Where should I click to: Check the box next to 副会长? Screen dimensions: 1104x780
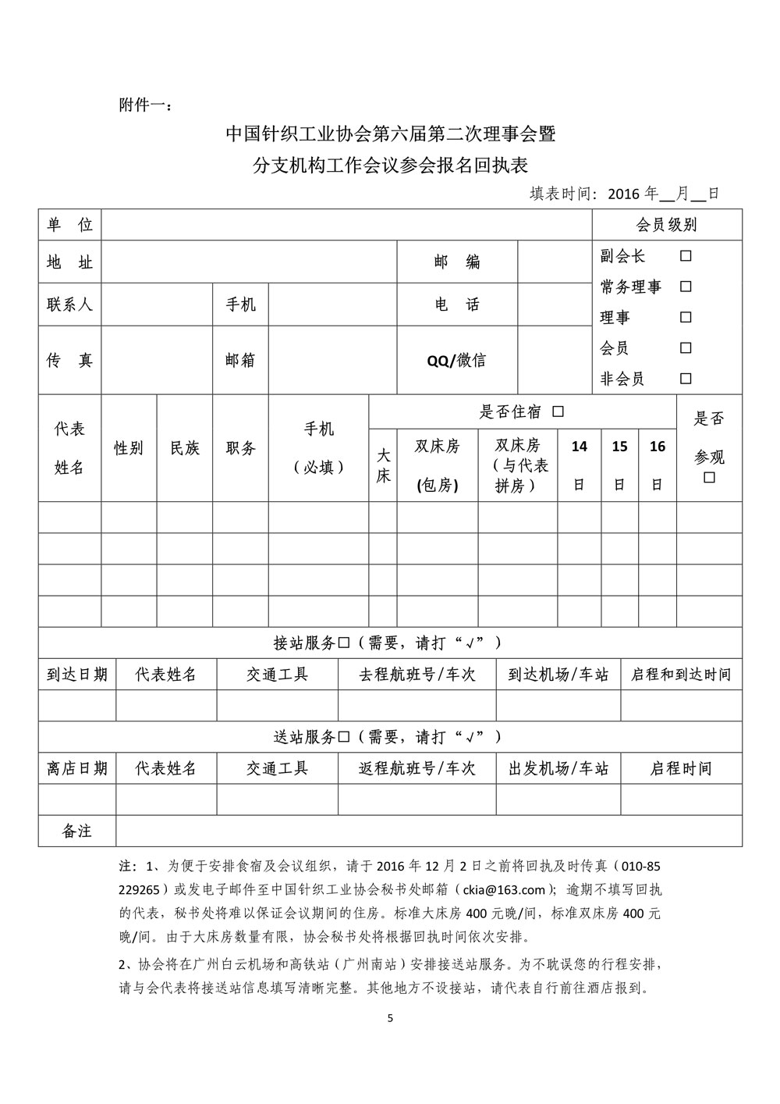(686, 256)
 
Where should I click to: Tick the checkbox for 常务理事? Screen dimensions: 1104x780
(686, 287)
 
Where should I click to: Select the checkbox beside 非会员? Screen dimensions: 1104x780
(686, 379)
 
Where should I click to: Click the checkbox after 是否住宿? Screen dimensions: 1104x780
(558, 411)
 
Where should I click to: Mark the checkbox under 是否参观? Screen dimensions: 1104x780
(709, 477)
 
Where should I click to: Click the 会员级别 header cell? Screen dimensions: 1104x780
(667, 225)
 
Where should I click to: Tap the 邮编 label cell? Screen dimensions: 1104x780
(457, 262)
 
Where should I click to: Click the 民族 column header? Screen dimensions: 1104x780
(185, 448)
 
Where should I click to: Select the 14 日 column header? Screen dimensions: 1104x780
(580, 464)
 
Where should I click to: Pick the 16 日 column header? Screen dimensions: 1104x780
(658, 464)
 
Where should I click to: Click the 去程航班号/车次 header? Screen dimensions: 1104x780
(417, 674)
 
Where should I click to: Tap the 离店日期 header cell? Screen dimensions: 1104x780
(77, 768)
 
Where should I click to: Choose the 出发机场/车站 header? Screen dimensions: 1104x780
(558, 768)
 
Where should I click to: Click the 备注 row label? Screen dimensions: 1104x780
(77, 832)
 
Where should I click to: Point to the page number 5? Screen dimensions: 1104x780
(391, 1019)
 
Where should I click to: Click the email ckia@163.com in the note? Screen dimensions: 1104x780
(504, 889)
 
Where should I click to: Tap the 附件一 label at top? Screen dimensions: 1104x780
(146, 105)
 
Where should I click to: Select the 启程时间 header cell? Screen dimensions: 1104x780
(681, 768)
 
